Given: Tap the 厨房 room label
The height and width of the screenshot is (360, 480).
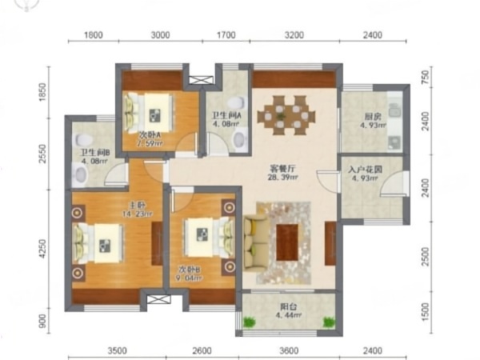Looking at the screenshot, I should pos(370,115).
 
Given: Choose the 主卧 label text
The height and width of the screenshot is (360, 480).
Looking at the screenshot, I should pos(111,203).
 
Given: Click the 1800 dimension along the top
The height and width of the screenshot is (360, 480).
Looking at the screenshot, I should pos(94,36).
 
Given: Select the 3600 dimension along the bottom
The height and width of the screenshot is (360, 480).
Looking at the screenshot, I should pos(289,350).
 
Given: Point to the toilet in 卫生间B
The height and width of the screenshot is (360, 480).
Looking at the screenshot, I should pos(79,172).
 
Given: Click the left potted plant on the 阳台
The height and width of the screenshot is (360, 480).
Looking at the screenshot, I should pos(250,322).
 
